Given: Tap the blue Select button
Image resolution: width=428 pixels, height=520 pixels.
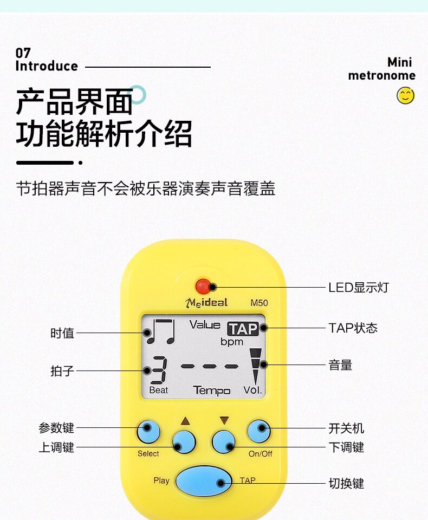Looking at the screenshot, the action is click(148, 431).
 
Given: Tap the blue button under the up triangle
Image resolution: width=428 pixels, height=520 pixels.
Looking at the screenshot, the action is click(184, 441).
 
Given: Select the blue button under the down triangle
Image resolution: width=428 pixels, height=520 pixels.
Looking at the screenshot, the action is click(223, 441).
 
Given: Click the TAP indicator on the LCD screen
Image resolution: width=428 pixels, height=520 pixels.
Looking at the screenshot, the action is click(242, 329).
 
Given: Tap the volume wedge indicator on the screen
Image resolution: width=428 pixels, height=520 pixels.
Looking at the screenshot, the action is click(255, 366).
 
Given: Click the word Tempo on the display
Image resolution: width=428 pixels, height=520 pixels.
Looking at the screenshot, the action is click(211, 391).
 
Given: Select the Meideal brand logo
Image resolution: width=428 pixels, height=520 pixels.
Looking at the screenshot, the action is click(206, 302).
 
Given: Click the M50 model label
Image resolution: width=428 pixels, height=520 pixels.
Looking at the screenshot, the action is click(259, 303).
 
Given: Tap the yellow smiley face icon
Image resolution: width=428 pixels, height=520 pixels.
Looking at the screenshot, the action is click(405, 96).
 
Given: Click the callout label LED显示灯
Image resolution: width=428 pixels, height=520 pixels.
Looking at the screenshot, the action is click(358, 288).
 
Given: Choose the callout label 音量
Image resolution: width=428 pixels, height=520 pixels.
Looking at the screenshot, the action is click(340, 366).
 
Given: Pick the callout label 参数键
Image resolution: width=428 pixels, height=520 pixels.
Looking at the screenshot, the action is click(56, 428).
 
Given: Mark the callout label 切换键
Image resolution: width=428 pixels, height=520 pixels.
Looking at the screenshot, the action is click(346, 483).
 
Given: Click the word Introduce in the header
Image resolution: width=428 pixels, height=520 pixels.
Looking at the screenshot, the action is click(47, 67).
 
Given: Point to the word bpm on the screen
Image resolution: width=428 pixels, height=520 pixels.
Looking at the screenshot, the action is click(231, 342).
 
